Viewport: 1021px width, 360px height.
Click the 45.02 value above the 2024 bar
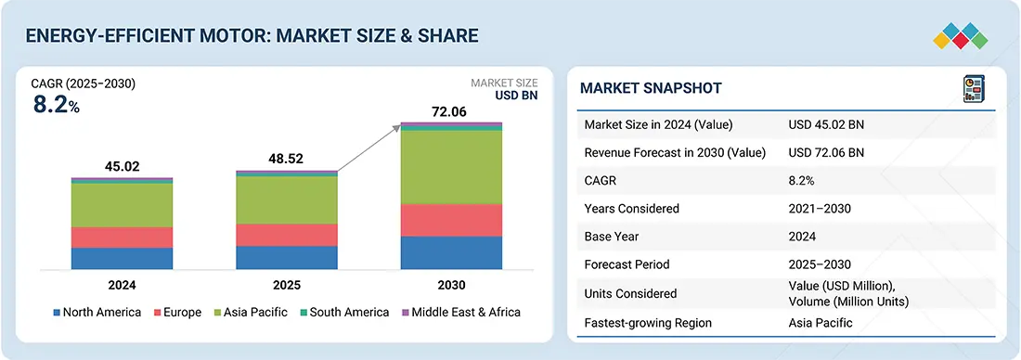pos(122,167)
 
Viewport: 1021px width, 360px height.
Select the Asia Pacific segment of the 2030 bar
pos(451,167)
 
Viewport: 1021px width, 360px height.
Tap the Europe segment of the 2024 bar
pos(122,238)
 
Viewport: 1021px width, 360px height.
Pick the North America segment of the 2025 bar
pos(287,258)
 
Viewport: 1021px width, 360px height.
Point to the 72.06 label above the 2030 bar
pos(450,112)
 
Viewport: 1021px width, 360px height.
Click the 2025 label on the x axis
pos(287,285)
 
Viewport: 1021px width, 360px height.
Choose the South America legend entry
pos(343,313)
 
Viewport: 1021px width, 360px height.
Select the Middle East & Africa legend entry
pos(460,313)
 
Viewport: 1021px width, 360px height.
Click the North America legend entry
pos(97,313)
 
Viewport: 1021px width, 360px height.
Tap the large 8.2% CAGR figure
pos(56,105)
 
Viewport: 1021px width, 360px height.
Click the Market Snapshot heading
pos(651,88)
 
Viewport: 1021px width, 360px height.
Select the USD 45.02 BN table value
pos(826,125)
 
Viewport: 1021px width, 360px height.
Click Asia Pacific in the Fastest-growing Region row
pos(820,323)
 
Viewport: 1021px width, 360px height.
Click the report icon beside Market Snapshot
pos(974,89)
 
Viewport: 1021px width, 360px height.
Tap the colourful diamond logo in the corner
pos(961,36)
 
